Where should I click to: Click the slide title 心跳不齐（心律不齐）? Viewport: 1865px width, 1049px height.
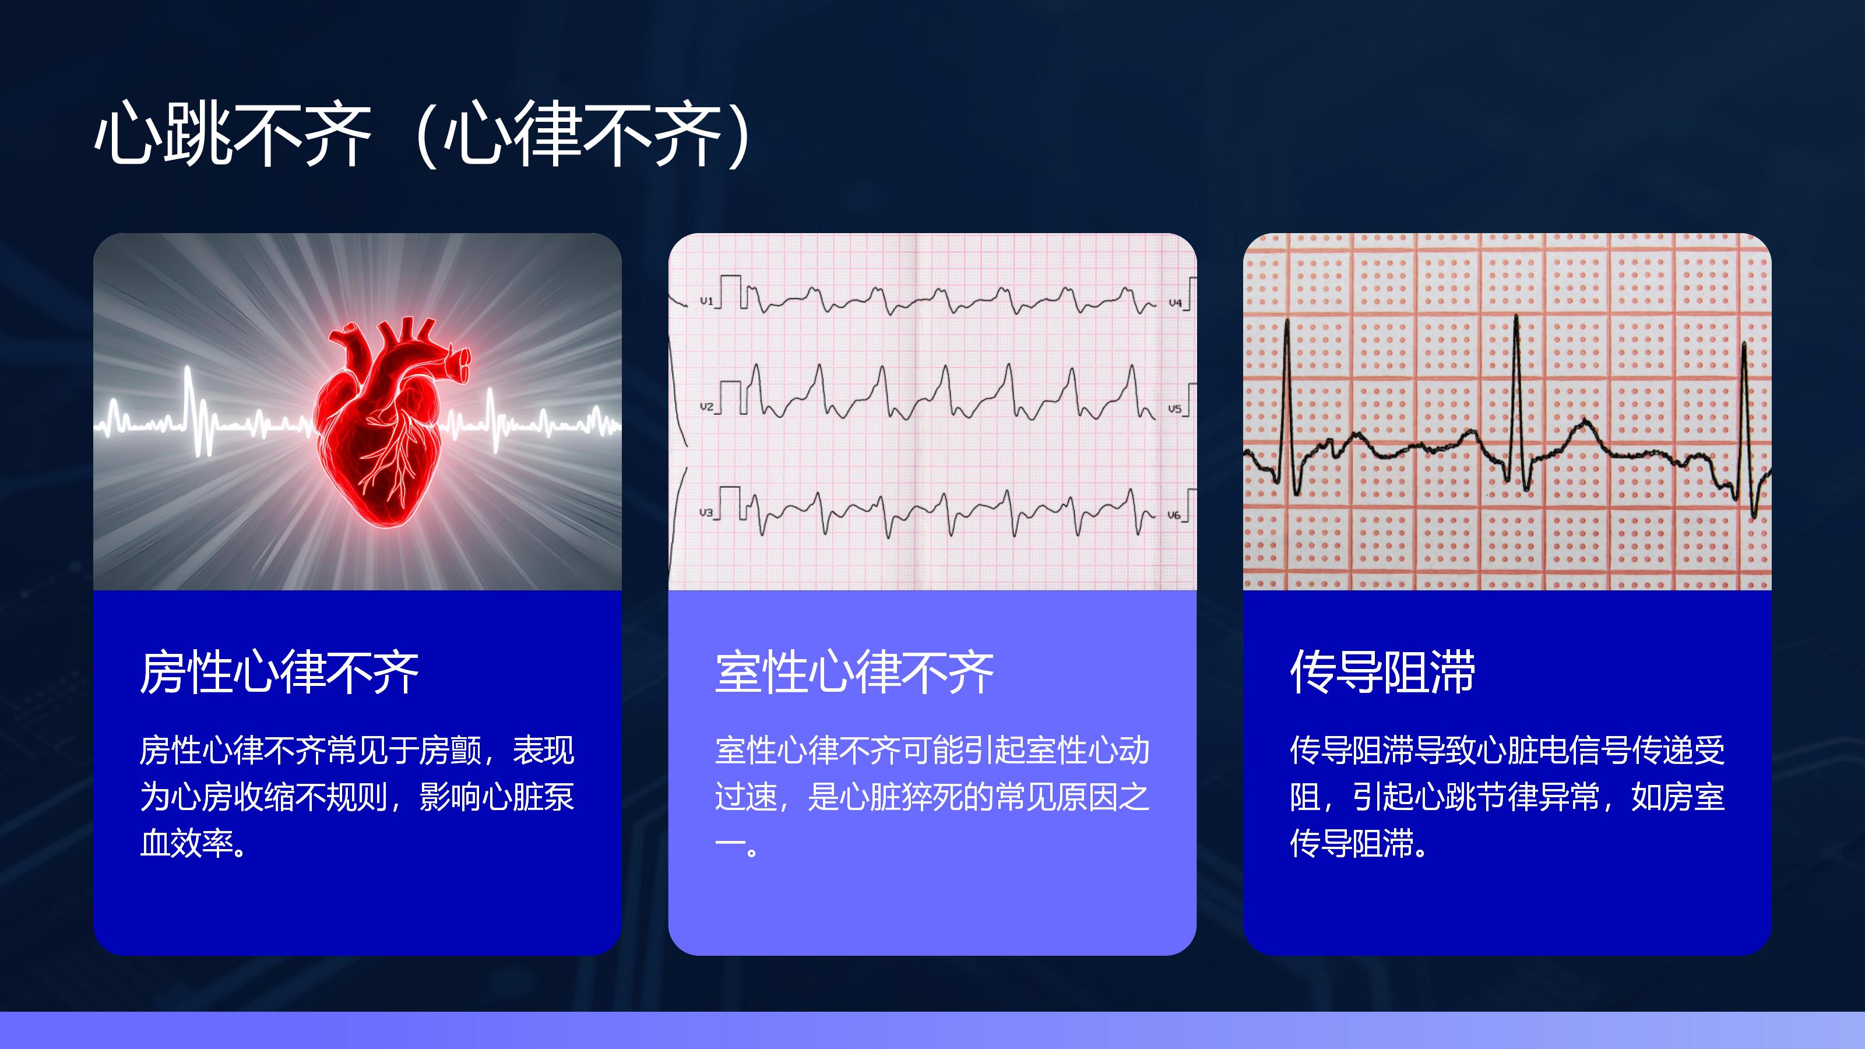pos(427,135)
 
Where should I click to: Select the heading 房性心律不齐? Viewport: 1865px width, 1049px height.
pos(280,673)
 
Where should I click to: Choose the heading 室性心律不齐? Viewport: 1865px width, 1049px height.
pos(854,673)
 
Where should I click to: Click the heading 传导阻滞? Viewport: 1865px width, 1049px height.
pos(1383,673)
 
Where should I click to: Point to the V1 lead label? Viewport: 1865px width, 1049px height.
pos(706,301)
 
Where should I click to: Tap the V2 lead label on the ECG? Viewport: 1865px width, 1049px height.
pos(706,407)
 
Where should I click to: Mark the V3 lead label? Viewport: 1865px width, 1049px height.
pos(706,513)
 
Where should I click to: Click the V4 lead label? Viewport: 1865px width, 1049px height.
pos(1175,302)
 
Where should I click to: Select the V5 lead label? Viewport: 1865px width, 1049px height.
pos(1174,409)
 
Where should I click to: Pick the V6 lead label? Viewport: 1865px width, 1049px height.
pos(1174,515)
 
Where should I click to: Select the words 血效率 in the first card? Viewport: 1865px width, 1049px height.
pos(186,843)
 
